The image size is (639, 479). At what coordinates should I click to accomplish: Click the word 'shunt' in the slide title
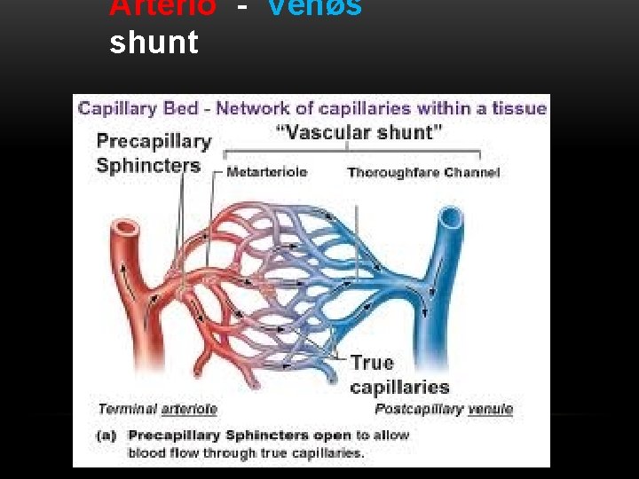point(154,42)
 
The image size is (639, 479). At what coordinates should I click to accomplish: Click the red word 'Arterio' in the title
point(162,7)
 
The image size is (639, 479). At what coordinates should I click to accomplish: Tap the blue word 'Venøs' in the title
point(314,7)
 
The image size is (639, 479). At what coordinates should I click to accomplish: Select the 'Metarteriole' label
point(267,172)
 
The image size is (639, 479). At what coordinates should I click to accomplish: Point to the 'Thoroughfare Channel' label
point(423,172)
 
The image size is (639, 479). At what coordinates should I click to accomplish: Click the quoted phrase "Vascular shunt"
point(360,133)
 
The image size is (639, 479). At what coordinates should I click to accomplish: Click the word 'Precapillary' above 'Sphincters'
point(154,141)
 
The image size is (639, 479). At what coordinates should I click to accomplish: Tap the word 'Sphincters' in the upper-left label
point(148,165)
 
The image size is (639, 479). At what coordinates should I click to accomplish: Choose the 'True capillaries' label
point(399,374)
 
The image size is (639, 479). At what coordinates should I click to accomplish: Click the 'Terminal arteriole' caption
point(157,409)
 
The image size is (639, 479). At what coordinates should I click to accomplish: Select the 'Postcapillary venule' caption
point(444,409)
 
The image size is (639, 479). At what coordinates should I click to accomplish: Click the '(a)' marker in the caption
point(107,435)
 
